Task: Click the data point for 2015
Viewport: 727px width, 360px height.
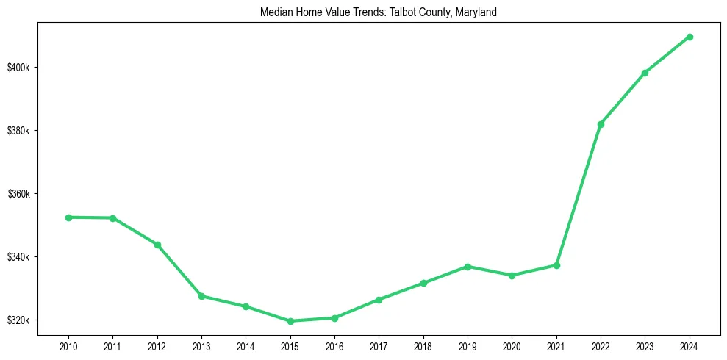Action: (290, 321)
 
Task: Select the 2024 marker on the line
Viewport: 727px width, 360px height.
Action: (690, 37)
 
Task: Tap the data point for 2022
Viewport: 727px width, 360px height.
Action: (601, 124)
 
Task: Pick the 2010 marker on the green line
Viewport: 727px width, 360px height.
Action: (68, 217)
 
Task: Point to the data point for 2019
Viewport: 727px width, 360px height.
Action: (468, 267)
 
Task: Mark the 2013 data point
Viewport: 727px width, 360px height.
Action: (201, 296)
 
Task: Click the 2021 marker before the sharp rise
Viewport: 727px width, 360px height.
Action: (556, 265)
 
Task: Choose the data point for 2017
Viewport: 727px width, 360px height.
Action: (379, 300)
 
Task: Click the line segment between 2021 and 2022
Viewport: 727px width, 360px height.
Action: (579, 195)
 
